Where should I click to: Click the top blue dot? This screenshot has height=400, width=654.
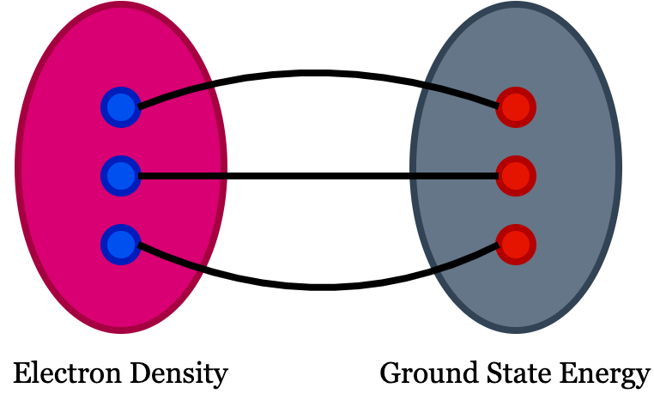click(x=121, y=107)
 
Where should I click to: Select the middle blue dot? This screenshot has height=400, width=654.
click(x=121, y=176)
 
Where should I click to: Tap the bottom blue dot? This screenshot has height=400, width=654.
click(x=121, y=245)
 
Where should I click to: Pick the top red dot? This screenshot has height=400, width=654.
click(x=516, y=107)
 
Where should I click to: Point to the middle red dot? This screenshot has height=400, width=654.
click(x=516, y=176)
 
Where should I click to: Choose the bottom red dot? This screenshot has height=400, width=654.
click(x=516, y=245)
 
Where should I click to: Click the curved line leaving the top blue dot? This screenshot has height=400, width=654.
click(x=176, y=94)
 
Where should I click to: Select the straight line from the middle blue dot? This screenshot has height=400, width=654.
click(x=182, y=176)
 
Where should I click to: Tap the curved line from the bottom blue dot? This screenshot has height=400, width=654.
click(x=172, y=258)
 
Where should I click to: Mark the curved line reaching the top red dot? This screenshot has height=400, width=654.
click(x=462, y=94)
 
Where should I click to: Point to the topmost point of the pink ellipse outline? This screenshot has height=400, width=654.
click(x=121, y=5)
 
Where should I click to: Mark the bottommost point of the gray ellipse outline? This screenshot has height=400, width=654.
click(x=516, y=330)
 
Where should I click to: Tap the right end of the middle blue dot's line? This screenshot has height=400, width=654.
click(x=226, y=176)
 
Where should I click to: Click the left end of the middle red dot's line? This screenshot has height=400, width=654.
click(x=411, y=176)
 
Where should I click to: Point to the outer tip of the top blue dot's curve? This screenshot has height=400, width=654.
click(x=212, y=84)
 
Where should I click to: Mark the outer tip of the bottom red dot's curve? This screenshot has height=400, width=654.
click(x=433, y=270)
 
